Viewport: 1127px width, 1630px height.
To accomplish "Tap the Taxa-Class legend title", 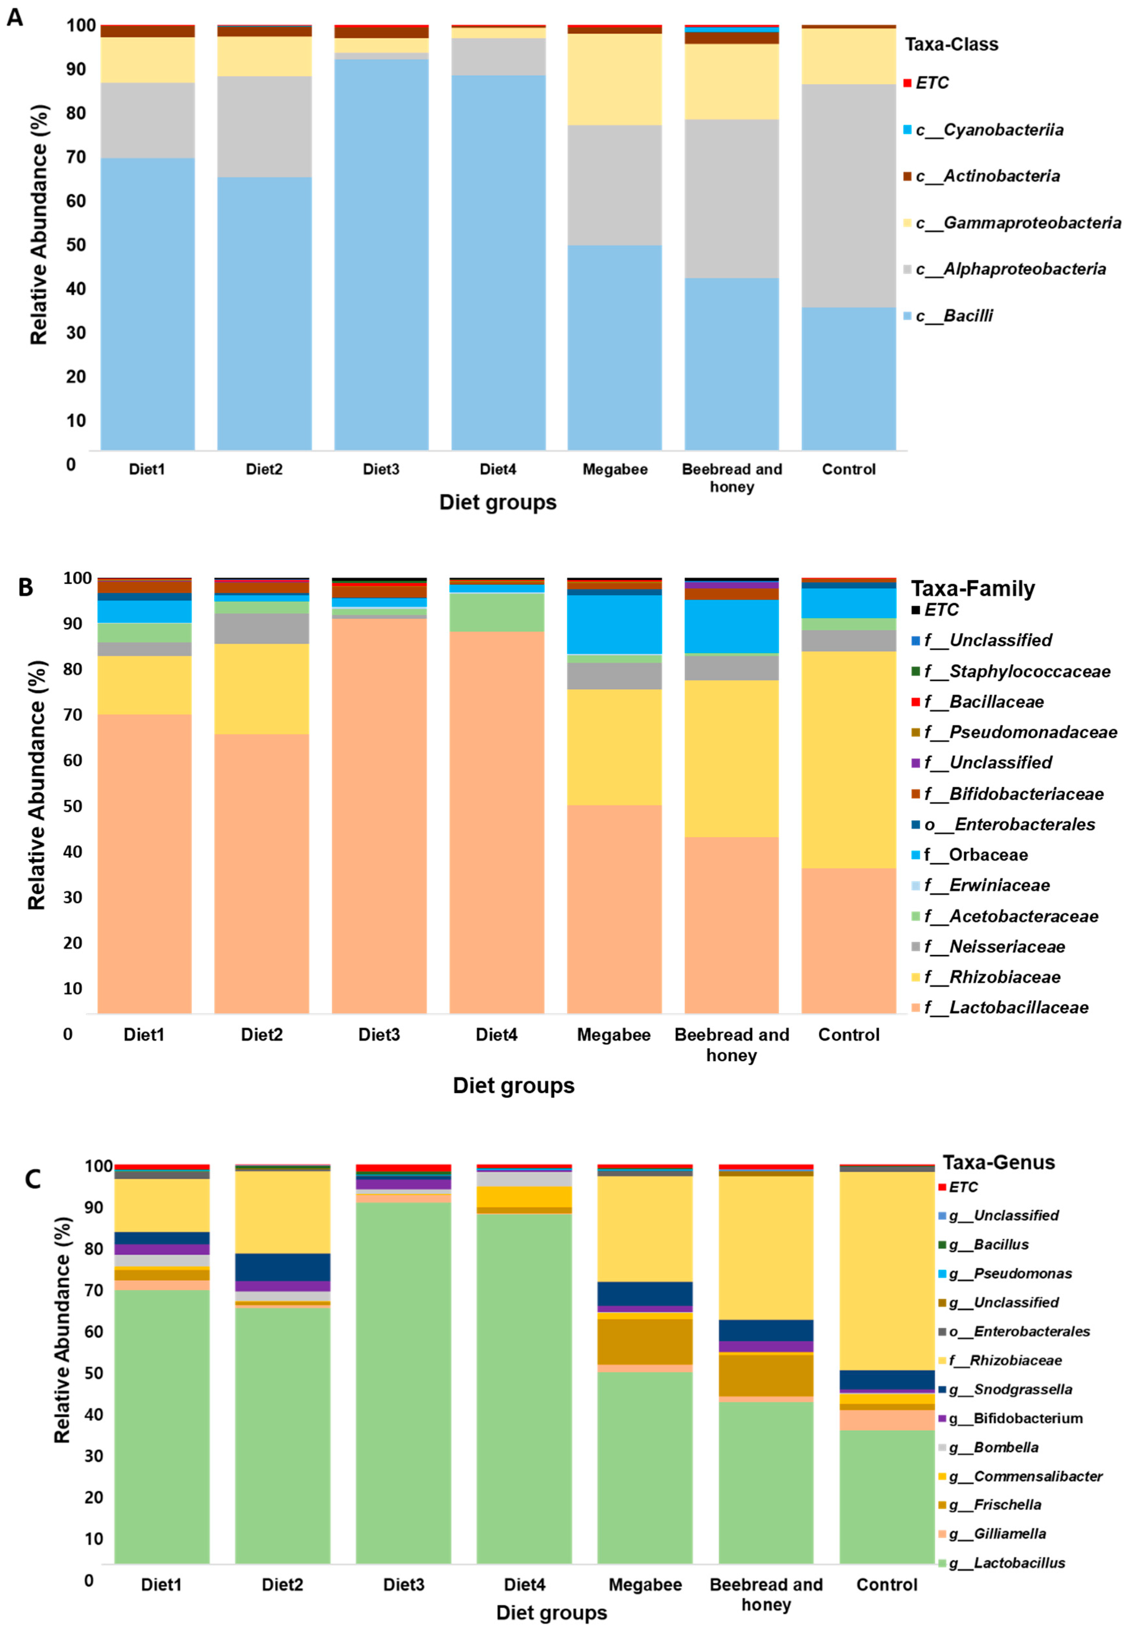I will point(951,44).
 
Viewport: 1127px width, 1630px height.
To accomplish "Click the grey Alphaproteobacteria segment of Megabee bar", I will point(614,185).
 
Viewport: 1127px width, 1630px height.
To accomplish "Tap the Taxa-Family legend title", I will point(972,588).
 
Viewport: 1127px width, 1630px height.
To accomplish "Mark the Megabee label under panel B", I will point(613,1035).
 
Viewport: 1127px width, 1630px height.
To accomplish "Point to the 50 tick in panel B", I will point(73,806).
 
